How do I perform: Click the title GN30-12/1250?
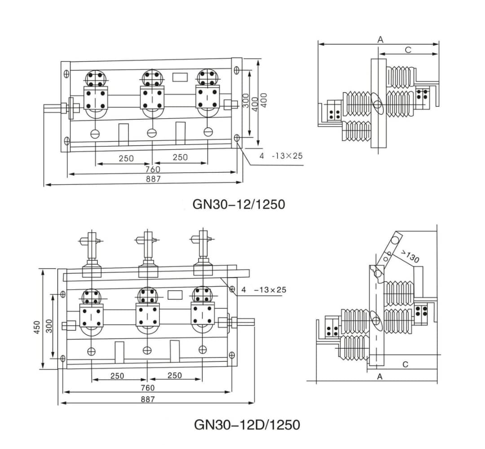point(238,204)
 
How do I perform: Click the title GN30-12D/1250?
point(247,424)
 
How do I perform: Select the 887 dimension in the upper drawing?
point(153,179)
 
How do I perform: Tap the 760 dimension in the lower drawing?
point(147,387)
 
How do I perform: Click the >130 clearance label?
point(409,256)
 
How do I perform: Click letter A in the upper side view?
point(380,40)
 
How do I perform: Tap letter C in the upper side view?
point(408,50)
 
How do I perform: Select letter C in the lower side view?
point(405,364)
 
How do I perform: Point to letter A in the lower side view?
point(379,377)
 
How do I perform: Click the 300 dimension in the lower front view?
point(49,326)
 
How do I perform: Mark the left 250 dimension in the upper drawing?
point(126,158)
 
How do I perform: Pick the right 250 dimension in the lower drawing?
point(174,375)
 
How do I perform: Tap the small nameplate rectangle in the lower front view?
point(174,295)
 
